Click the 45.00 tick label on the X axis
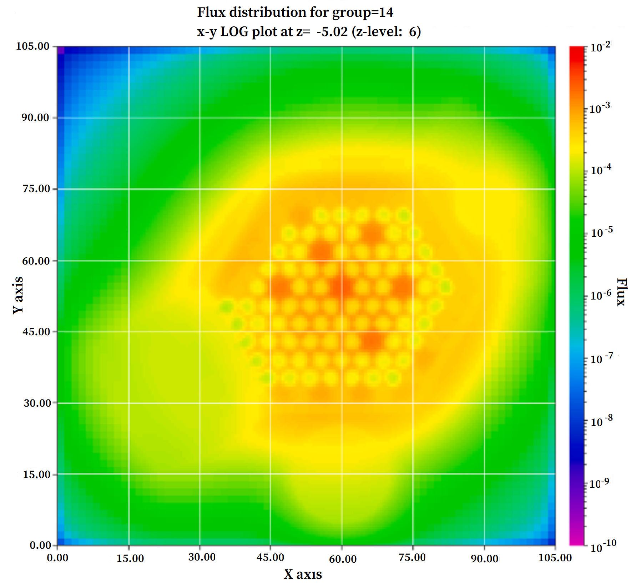coord(270,557)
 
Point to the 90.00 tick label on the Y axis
coord(35,117)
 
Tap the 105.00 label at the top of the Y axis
coord(32,46)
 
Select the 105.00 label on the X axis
coord(555,558)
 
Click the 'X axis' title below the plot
coord(303,574)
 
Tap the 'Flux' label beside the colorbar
coord(621,292)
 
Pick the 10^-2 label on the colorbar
coord(600,47)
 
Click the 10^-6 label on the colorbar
coord(601,295)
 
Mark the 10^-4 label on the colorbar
coord(601,169)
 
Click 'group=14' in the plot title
coord(363,12)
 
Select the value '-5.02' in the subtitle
coord(332,32)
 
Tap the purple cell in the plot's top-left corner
coord(61,50)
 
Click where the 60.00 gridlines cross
coord(342,261)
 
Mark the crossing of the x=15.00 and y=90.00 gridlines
coord(129,117)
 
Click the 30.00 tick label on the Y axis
coord(37,403)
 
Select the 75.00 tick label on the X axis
coord(412,557)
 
